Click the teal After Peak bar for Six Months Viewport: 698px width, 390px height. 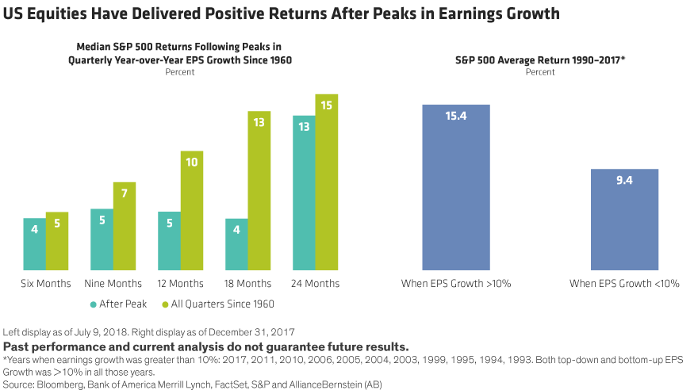point(34,244)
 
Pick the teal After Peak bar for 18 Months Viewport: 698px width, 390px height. point(237,244)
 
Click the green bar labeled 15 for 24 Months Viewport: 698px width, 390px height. point(327,182)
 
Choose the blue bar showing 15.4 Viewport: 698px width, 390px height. point(456,187)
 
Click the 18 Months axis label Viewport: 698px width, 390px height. point(248,283)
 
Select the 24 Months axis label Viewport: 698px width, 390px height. point(316,283)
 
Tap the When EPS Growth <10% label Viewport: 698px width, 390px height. point(625,283)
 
